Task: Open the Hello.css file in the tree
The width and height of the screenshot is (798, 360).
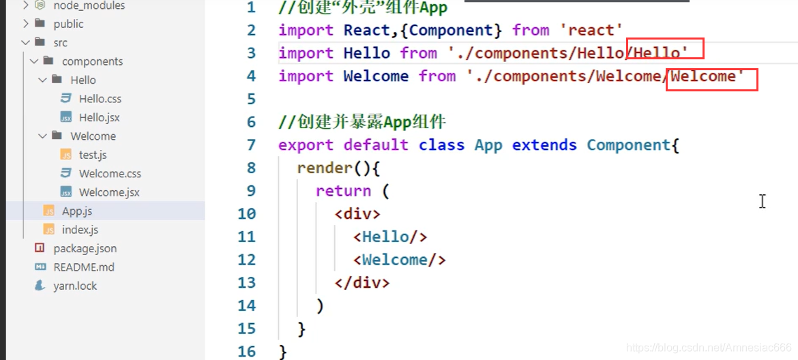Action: point(100,99)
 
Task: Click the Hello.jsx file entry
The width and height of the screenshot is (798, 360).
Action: point(99,117)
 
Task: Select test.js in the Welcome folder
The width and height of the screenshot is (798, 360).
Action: point(93,155)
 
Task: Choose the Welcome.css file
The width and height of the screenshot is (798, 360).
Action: point(110,174)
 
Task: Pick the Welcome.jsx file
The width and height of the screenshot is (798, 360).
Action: point(109,192)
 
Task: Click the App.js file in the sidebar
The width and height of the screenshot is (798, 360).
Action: point(77,211)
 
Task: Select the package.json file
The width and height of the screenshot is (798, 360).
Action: point(85,249)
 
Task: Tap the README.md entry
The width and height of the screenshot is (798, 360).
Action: point(84,267)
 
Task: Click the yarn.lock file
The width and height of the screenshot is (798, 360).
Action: point(75,286)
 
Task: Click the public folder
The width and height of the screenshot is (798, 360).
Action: point(68,24)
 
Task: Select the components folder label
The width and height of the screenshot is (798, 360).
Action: point(92,61)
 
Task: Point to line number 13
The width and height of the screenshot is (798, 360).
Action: point(246,283)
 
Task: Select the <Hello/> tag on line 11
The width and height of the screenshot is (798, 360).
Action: point(390,237)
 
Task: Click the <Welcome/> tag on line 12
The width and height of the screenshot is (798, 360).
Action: point(400,260)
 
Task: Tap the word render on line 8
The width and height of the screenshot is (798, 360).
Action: point(325,168)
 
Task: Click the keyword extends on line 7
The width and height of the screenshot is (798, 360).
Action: point(544,145)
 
